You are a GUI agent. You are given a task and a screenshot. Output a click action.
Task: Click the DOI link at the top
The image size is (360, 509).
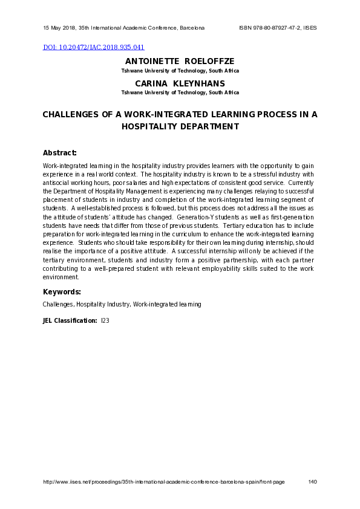click(93, 47)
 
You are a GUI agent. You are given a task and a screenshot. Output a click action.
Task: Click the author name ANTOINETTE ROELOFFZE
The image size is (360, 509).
click(180, 62)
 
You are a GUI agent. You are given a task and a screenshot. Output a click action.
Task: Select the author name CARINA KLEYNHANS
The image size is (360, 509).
click(180, 83)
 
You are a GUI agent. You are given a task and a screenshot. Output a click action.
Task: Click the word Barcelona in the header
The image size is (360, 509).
click(191, 28)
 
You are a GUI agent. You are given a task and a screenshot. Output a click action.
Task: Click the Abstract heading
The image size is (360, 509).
click(59, 152)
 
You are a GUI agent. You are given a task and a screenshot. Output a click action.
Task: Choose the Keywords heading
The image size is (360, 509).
click(62, 292)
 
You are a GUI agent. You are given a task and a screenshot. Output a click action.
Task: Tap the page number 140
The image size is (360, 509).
click(312, 482)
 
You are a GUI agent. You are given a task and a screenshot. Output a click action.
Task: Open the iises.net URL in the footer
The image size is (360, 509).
click(163, 482)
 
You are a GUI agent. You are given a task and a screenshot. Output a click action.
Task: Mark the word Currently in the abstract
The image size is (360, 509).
click(301, 183)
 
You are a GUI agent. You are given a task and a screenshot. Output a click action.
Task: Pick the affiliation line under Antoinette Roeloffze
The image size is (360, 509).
click(180, 71)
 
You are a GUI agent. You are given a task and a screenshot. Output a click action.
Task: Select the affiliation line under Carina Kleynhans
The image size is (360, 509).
click(180, 92)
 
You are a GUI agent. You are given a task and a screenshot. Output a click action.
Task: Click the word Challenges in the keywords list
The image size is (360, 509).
click(57, 305)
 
